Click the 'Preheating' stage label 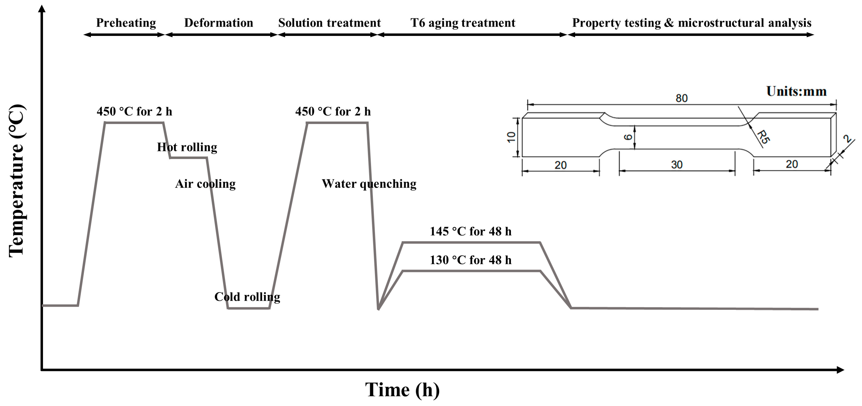pyautogui.click(x=126, y=23)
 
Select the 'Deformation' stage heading pyautogui.click(x=219, y=23)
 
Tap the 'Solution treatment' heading pyautogui.click(x=329, y=23)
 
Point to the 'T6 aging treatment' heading pyautogui.click(x=463, y=23)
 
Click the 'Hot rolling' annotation pyautogui.click(x=187, y=147)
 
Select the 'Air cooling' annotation pyautogui.click(x=205, y=184)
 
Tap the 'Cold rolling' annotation pyautogui.click(x=247, y=297)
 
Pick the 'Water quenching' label pyautogui.click(x=369, y=184)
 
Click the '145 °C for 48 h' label pyautogui.click(x=471, y=231)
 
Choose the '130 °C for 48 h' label pyautogui.click(x=471, y=260)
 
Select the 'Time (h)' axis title pyautogui.click(x=402, y=390)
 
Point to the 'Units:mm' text pyautogui.click(x=796, y=91)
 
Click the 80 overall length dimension pyautogui.click(x=681, y=98)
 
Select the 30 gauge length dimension pyautogui.click(x=677, y=165)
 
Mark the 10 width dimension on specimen pyautogui.click(x=511, y=137)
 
